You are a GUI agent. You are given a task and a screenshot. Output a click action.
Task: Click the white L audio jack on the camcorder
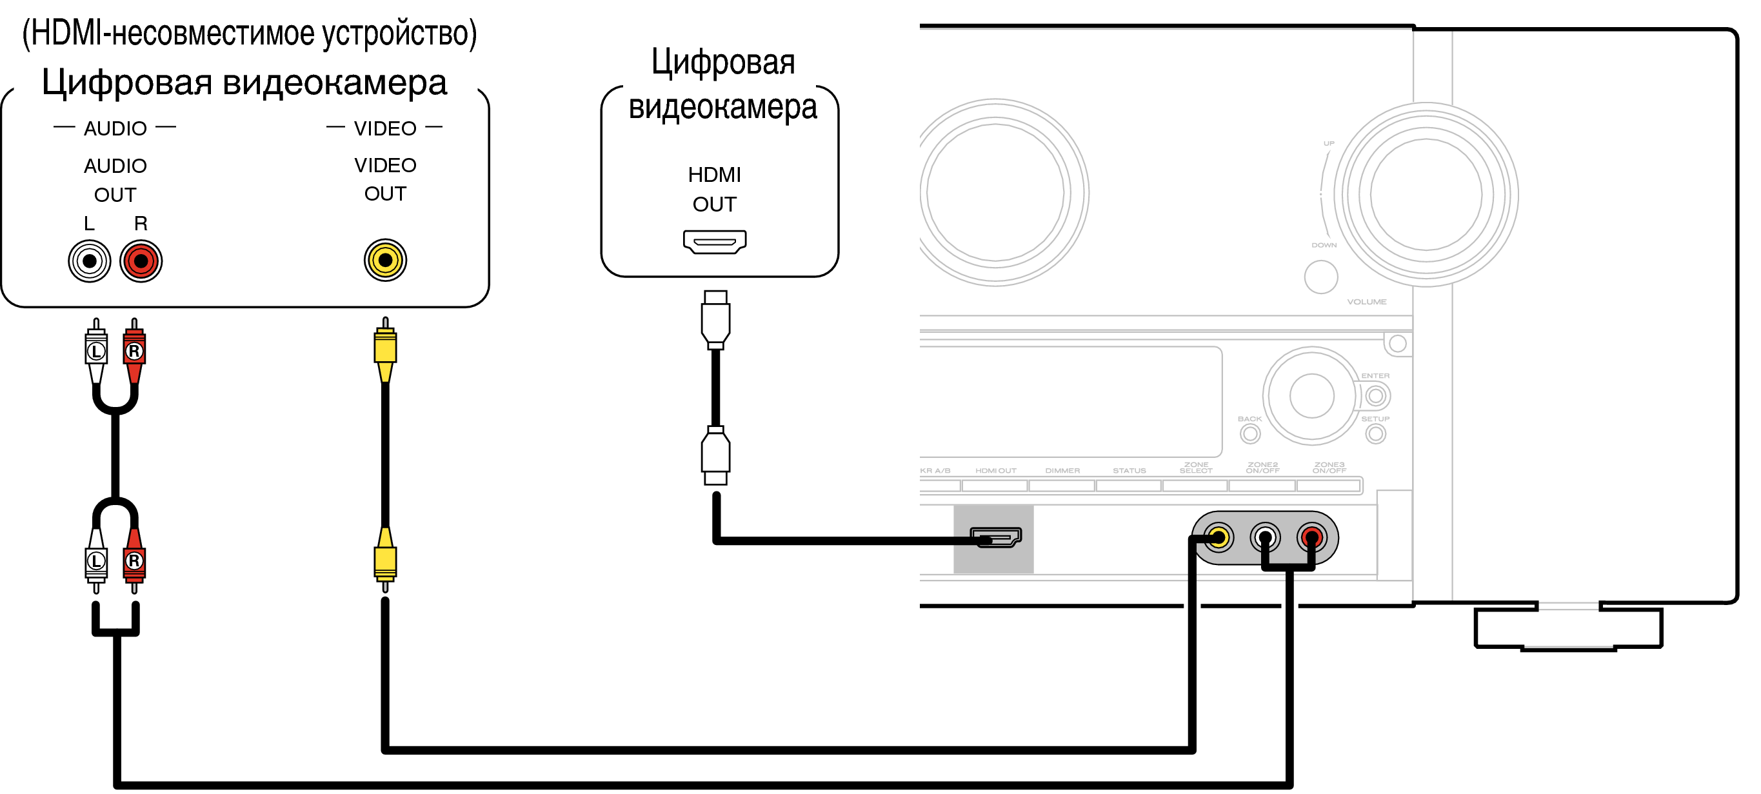click(x=90, y=261)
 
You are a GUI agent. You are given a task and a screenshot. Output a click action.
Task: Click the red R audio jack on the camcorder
click(x=141, y=261)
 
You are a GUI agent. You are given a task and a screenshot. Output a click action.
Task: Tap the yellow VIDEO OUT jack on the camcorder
click(x=386, y=260)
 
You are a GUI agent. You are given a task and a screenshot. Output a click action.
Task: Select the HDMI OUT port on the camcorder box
click(x=714, y=241)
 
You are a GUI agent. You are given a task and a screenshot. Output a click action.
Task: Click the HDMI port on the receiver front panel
click(x=996, y=537)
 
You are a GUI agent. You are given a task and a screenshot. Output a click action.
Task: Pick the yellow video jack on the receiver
click(x=1219, y=537)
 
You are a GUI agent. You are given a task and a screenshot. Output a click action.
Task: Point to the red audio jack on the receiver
click(x=1311, y=537)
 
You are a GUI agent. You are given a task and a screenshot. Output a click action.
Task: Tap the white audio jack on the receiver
click(x=1265, y=537)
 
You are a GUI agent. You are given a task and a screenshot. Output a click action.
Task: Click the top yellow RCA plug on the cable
click(x=386, y=348)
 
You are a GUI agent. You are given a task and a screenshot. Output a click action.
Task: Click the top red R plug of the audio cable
click(x=134, y=352)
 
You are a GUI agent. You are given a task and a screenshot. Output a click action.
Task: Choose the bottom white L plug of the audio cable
click(x=96, y=561)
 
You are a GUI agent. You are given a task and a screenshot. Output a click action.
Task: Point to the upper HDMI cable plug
click(x=716, y=319)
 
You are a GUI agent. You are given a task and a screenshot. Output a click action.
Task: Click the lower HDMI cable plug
click(x=716, y=456)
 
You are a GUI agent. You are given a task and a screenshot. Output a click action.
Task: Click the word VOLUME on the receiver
click(x=1367, y=302)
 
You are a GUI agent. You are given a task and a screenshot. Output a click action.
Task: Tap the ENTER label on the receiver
click(x=1375, y=376)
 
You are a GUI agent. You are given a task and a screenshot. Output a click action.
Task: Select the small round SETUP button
click(x=1375, y=434)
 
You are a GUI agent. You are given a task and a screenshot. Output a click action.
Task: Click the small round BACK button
click(x=1250, y=434)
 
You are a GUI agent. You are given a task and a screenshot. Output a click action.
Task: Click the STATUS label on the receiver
click(x=1129, y=471)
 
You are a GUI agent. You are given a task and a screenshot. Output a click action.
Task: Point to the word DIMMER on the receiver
click(x=1062, y=471)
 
